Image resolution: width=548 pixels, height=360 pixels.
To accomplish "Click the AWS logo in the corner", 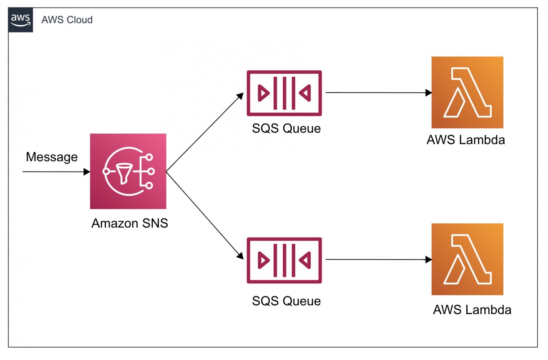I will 20,20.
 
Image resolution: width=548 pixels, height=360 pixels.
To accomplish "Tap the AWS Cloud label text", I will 67,20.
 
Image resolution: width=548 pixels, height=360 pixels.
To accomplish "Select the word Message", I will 52,157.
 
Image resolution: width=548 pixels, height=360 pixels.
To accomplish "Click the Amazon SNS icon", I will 128,171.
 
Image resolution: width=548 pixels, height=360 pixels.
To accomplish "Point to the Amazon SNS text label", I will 130,223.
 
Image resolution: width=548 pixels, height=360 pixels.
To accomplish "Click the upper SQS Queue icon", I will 284,93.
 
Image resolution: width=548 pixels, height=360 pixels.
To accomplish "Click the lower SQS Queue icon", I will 284,260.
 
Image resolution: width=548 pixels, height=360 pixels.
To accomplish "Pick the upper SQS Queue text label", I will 286,128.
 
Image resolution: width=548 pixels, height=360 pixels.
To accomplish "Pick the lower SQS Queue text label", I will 286,301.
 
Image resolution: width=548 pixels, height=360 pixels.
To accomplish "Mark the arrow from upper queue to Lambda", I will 378,93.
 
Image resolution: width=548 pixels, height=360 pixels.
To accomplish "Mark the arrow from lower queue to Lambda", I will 378,260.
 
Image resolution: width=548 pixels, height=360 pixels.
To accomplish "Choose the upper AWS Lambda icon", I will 467,92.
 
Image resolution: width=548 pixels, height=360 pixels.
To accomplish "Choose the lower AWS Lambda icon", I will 467,259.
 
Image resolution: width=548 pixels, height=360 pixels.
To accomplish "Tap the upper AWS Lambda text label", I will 466,140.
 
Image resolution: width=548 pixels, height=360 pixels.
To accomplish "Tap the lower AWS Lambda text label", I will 472,310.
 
